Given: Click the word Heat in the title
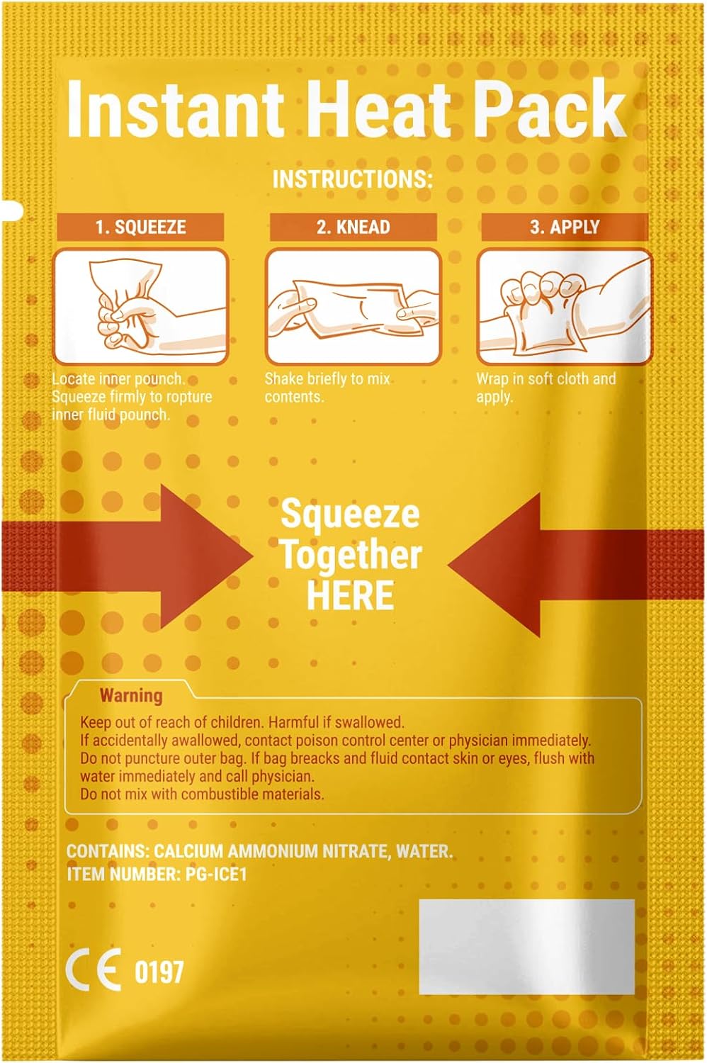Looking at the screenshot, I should (x=379, y=110).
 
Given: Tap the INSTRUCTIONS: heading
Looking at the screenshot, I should (x=352, y=179).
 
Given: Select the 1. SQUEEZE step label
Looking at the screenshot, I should (x=140, y=227).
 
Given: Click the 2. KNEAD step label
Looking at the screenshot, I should (x=353, y=227).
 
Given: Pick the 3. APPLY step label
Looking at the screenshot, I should (x=565, y=227).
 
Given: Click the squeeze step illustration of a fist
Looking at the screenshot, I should (x=140, y=306).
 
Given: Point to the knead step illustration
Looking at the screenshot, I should (x=353, y=306).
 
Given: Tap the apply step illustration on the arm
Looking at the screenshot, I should (x=564, y=306).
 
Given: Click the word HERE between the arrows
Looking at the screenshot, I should (x=350, y=595).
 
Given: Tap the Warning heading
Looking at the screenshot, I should (x=131, y=695).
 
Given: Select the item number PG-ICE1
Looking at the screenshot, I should (x=216, y=874).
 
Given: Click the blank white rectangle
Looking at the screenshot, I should (x=526, y=947).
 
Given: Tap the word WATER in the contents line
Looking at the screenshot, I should (x=424, y=850).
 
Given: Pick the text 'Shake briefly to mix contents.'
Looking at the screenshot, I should (x=327, y=388).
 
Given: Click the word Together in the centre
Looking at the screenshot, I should (x=351, y=555).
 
